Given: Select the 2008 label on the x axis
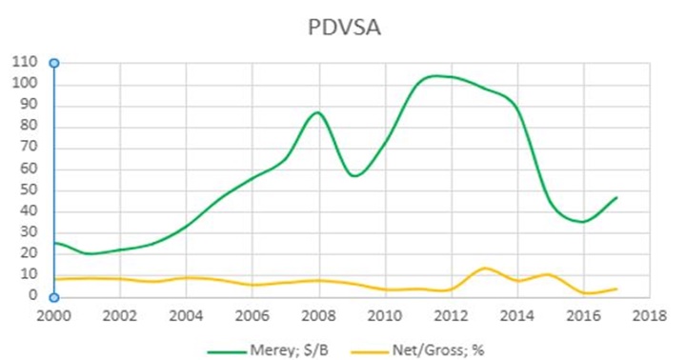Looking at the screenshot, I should (318, 316).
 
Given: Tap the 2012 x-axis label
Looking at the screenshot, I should (450, 316).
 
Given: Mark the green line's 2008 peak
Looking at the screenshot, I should (318, 112).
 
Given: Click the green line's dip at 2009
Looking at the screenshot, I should (353, 176).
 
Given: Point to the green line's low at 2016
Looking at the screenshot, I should (583, 222).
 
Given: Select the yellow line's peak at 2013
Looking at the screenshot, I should (485, 268).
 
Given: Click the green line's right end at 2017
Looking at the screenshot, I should (617, 197).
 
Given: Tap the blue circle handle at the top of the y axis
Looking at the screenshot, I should (54, 63).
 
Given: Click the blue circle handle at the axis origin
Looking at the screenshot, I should (54, 297).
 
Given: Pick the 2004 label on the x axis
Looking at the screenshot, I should (186, 316).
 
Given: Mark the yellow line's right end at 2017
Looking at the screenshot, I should (617, 289).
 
